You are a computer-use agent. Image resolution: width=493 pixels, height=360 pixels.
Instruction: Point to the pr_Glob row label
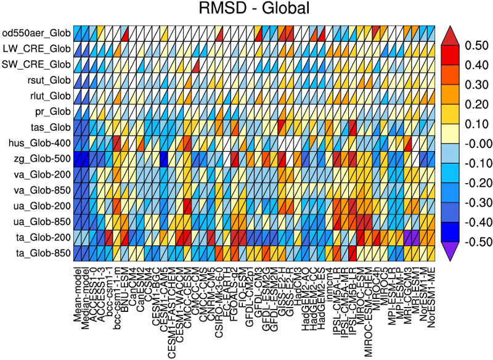click(x=52, y=112)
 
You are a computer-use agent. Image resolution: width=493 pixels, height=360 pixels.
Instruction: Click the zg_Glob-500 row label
click(x=39, y=159)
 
